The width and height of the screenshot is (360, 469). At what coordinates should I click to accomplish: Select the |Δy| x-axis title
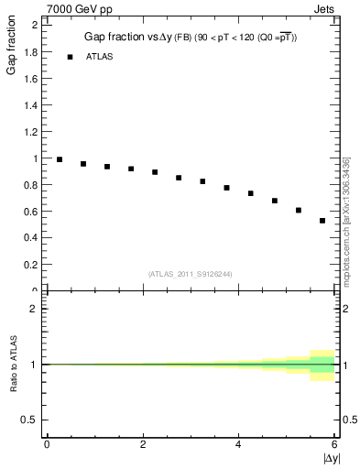(x=330, y=456)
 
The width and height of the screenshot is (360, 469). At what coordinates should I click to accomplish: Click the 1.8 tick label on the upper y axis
(x=30, y=51)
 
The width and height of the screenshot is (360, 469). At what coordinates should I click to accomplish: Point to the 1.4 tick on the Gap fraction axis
(x=30, y=104)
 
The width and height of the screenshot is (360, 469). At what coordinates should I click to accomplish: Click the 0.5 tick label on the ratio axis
(x=30, y=420)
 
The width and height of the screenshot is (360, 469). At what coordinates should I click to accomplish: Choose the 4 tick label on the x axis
(x=239, y=444)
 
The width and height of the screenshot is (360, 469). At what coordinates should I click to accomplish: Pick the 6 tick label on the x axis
(x=334, y=444)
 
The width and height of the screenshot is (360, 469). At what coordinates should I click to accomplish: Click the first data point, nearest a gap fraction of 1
(x=60, y=159)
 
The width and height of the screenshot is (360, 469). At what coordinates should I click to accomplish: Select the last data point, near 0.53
(x=322, y=221)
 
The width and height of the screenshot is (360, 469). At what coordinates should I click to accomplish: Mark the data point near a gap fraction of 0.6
(x=299, y=210)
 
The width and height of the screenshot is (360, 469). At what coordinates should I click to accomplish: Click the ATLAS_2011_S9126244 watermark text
(x=191, y=274)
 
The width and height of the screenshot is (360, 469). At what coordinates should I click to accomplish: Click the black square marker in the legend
(x=70, y=57)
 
